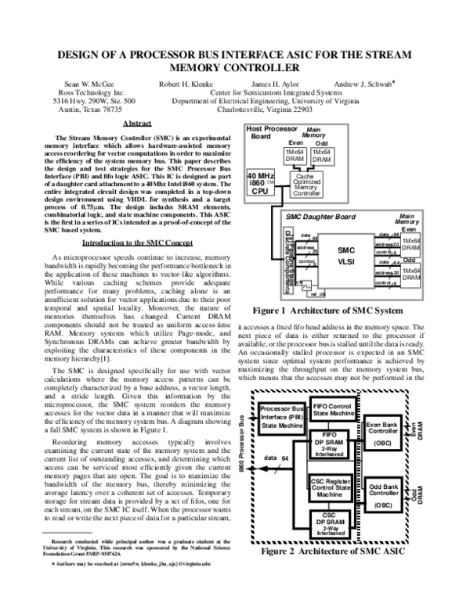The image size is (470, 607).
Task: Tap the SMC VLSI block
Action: (x=346, y=256)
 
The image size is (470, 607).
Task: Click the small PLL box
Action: (x=307, y=285)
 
